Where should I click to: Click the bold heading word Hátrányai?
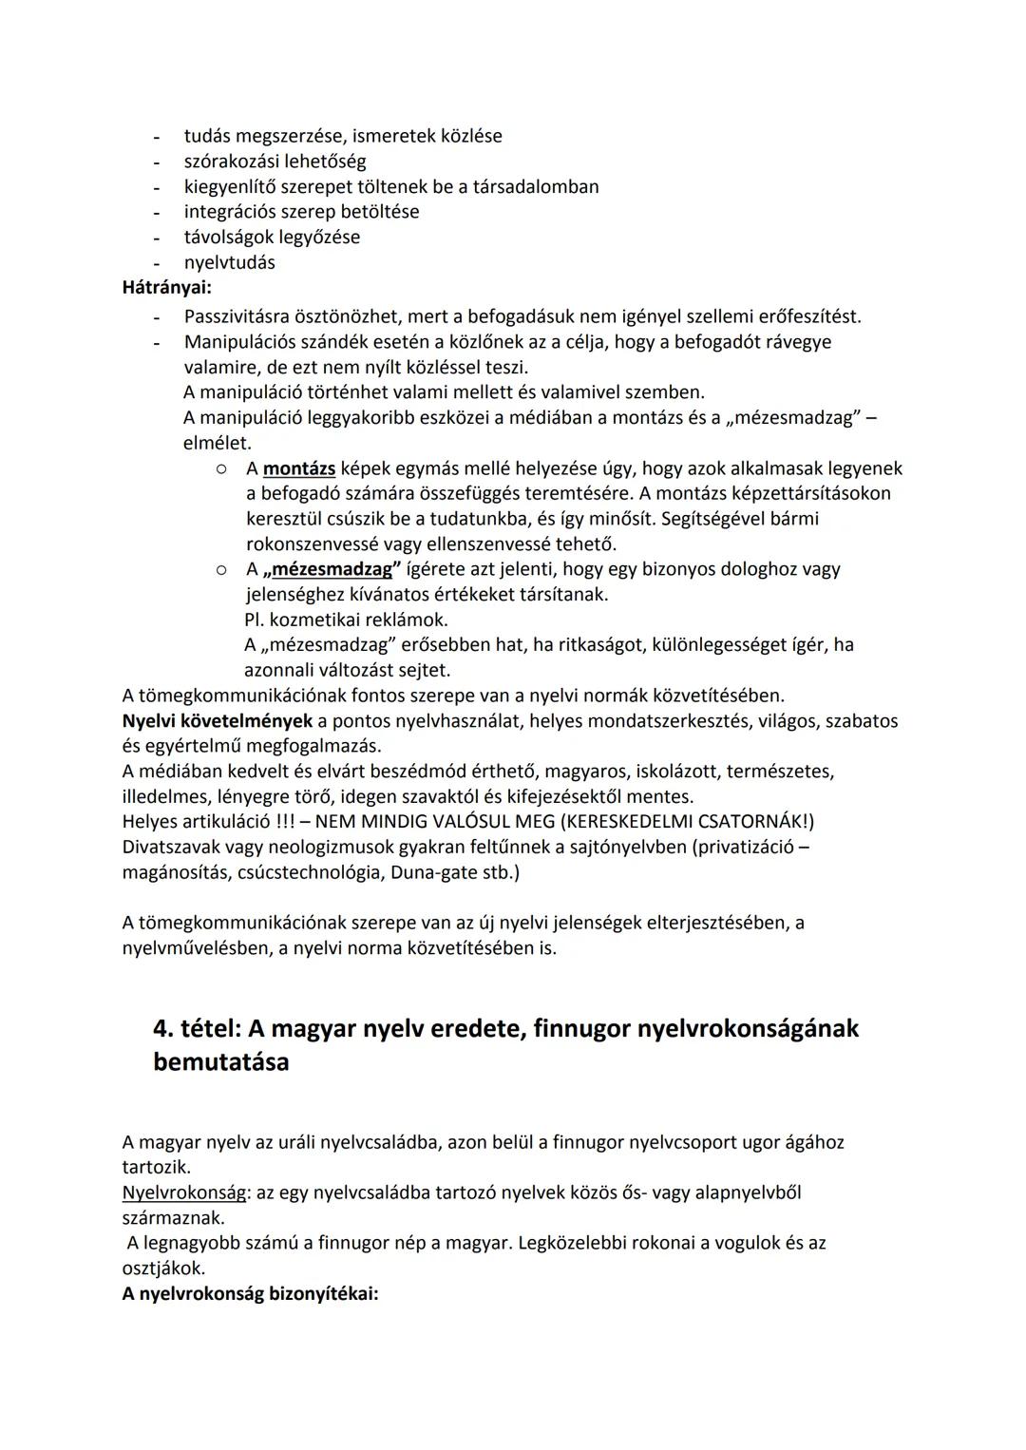pyautogui.click(x=166, y=287)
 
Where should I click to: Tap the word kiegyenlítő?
pyautogui.click(x=234, y=186)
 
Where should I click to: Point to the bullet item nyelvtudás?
pyautogui.click(x=229, y=262)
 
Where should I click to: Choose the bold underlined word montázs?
pyautogui.click(x=298, y=468)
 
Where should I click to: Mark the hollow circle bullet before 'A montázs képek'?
pyautogui.click(x=220, y=468)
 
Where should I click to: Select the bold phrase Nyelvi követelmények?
pyautogui.click(x=217, y=721)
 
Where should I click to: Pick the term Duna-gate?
pyautogui.click(x=433, y=872)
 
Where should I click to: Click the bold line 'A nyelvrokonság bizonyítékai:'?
pyautogui.click(x=250, y=1294)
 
